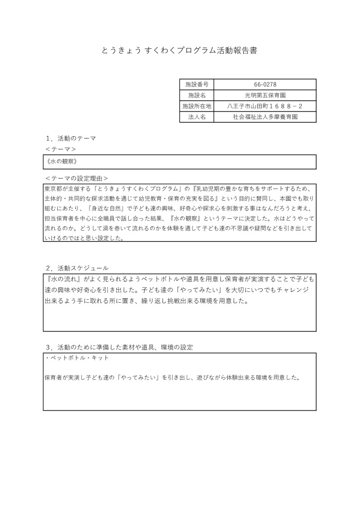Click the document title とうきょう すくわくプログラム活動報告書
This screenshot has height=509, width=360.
click(180, 51)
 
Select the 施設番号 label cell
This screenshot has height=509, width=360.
click(196, 85)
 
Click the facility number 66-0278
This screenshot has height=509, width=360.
click(265, 85)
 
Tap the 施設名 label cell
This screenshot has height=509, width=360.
click(196, 95)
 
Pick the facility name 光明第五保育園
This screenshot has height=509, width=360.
click(265, 95)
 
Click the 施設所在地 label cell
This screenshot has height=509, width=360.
click(196, 106)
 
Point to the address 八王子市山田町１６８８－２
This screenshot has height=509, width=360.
click(265, 106)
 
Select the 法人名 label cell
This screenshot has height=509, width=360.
click(196, 117)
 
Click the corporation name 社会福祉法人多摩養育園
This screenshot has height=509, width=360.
click(265, 117)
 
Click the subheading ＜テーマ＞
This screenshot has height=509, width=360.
click(60, 149)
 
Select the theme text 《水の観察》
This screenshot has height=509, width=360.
click(61, 162)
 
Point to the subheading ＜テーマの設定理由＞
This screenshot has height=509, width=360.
click(76, 177)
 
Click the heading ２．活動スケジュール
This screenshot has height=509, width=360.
click(77, 268)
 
